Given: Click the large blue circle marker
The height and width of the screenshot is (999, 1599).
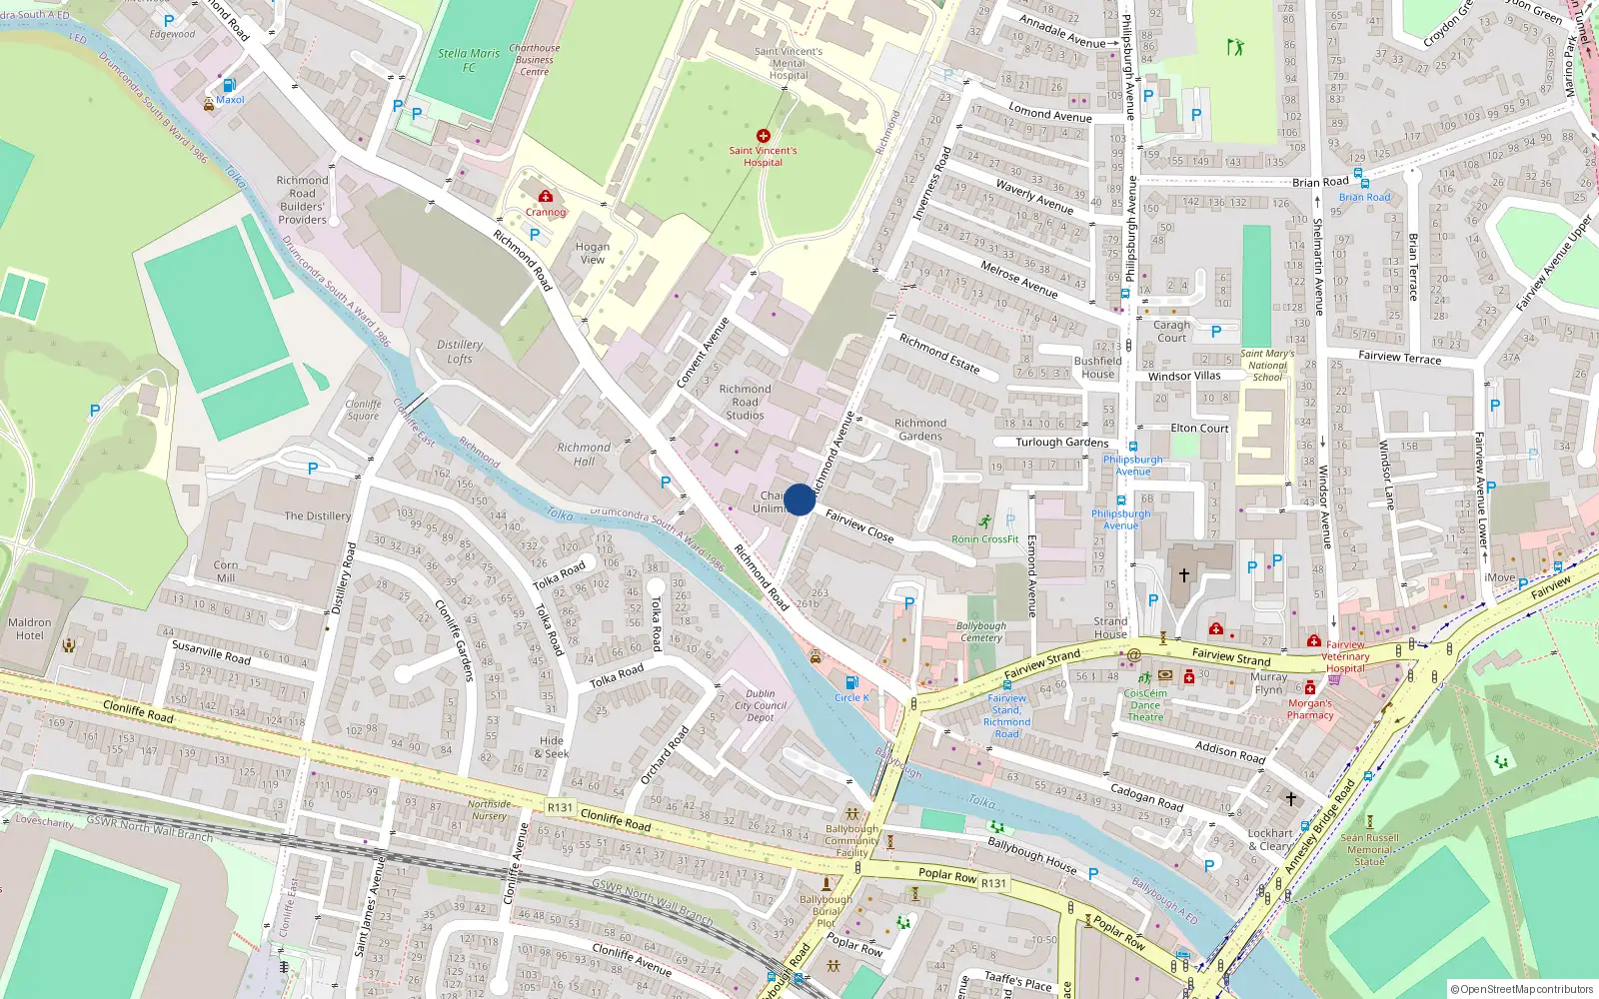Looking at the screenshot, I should (799, 499).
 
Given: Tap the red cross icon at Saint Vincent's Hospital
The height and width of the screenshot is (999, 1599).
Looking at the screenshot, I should (764, 135).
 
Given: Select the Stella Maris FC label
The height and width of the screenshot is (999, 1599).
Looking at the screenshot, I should (468, 60).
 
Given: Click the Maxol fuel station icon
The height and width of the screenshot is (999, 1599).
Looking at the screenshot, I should (229, 86).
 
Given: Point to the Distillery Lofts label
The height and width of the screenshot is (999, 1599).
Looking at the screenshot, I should (460, 352).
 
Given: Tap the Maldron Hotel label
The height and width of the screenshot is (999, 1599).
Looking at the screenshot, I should (30, 628).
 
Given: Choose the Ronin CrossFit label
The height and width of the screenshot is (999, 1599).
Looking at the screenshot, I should (984, 538).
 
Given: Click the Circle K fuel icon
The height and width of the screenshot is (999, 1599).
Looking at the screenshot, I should (851, 682).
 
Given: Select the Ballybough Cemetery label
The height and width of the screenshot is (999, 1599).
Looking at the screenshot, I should (980, 631).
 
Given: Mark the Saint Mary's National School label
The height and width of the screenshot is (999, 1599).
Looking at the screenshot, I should (1266, 365).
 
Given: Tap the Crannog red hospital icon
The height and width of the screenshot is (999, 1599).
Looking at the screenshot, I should (546, 197).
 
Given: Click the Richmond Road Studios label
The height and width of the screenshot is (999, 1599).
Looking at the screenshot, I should (745, 402).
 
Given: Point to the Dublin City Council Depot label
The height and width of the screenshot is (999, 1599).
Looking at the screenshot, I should (761, 705).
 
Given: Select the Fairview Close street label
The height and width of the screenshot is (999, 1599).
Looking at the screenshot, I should (859, 525).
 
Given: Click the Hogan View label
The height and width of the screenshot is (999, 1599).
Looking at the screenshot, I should (593, 253).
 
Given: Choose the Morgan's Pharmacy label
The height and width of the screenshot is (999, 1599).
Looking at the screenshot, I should (1310, 709).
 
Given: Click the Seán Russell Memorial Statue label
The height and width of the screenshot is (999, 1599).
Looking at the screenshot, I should (1369, 849).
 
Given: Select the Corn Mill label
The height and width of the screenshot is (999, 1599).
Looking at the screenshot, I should (226, 571).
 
